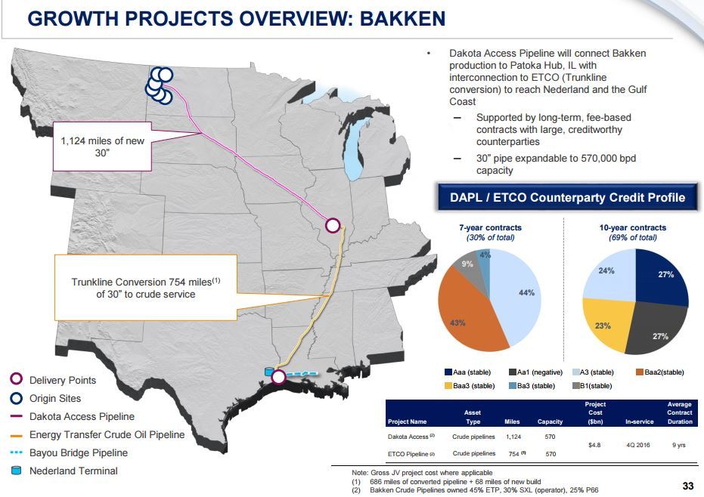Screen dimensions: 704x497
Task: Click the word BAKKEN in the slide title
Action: (402, 19)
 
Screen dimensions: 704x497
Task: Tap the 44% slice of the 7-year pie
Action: (516, 296)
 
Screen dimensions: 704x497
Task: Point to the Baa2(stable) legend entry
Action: (660, 372)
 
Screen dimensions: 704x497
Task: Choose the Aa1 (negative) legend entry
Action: (535, 372)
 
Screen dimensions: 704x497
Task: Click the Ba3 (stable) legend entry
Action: (532, 386)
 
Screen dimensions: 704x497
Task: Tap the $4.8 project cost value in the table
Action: (594, 445)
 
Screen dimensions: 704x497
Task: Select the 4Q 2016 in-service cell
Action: (638, 445)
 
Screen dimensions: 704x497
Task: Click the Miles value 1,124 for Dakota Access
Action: (513, 437)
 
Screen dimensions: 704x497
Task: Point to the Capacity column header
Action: (550, 421)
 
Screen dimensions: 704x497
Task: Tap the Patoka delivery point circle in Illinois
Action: (332, 225)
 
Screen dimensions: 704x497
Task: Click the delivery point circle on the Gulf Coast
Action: (278, 377)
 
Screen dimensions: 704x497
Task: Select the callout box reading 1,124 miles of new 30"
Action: (102, 147)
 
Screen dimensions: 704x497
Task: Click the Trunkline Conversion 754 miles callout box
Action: (146, 288)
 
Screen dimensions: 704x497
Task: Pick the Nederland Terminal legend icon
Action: (16, 471)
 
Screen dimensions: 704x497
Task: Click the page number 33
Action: (688, 486)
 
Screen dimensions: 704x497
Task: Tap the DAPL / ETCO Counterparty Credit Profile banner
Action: (567, 197)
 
